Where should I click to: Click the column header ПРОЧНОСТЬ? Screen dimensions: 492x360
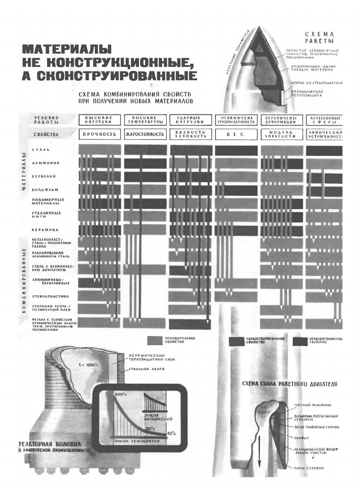coord(100,134)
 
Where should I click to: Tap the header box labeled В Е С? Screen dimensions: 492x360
coord(236,134)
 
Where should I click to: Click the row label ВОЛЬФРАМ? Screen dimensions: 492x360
coord(45,190)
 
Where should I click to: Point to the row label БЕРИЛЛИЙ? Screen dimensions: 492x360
coord(44,176)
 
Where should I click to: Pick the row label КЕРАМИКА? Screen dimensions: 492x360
coord(45,230)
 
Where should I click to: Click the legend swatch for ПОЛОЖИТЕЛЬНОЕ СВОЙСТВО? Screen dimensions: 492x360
coord(155,340)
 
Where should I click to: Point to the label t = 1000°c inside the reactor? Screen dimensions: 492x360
coord(88,365)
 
